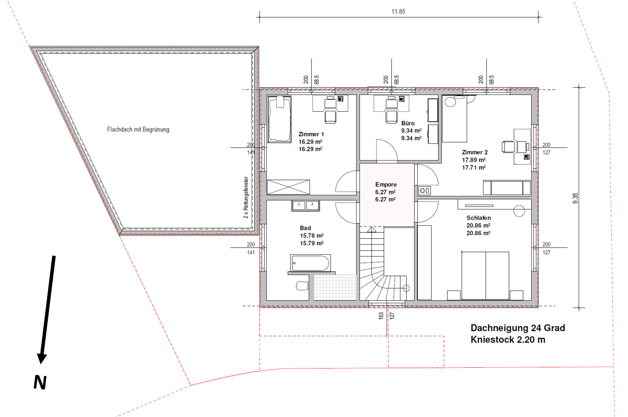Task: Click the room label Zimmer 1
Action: coord(311,134)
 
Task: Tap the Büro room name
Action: coord(408,123)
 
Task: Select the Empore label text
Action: coord(386,185)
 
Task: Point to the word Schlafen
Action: coord(478,218)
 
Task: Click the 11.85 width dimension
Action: coord(398,11)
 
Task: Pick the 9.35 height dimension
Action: coord(575,198)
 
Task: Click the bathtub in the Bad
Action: coord(310,263)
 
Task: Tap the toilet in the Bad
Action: coord(302,286)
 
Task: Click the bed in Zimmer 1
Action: coord(279,119)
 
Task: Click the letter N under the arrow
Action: coord(40,382)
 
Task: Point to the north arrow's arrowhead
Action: coord(42,359)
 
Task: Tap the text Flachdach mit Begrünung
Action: coord(138,129)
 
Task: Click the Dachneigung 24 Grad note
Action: coord(518,328)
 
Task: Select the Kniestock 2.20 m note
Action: coord(508,340)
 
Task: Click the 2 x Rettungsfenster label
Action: coord(246,198)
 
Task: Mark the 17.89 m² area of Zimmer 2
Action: coord(474,160)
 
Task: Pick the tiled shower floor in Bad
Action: coord(335,288)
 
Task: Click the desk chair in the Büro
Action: coord(391,117)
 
